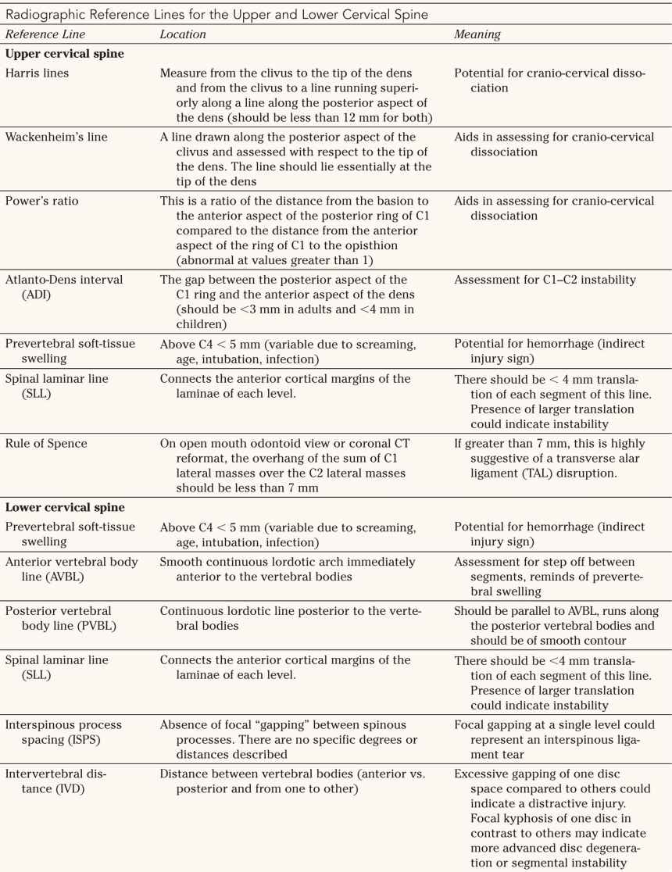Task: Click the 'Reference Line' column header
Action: tap(45, 35)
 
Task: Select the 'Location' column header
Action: tap(183, 35)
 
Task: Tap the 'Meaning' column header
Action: tap(477, 35)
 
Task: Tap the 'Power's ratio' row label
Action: tap(42, 201)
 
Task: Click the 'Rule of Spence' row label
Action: tap(45, 444)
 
